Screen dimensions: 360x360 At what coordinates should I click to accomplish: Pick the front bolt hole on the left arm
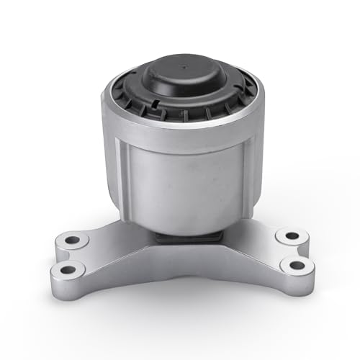(x=68, y=269)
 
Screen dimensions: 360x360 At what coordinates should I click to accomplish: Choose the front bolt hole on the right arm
(x=296, y=265)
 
